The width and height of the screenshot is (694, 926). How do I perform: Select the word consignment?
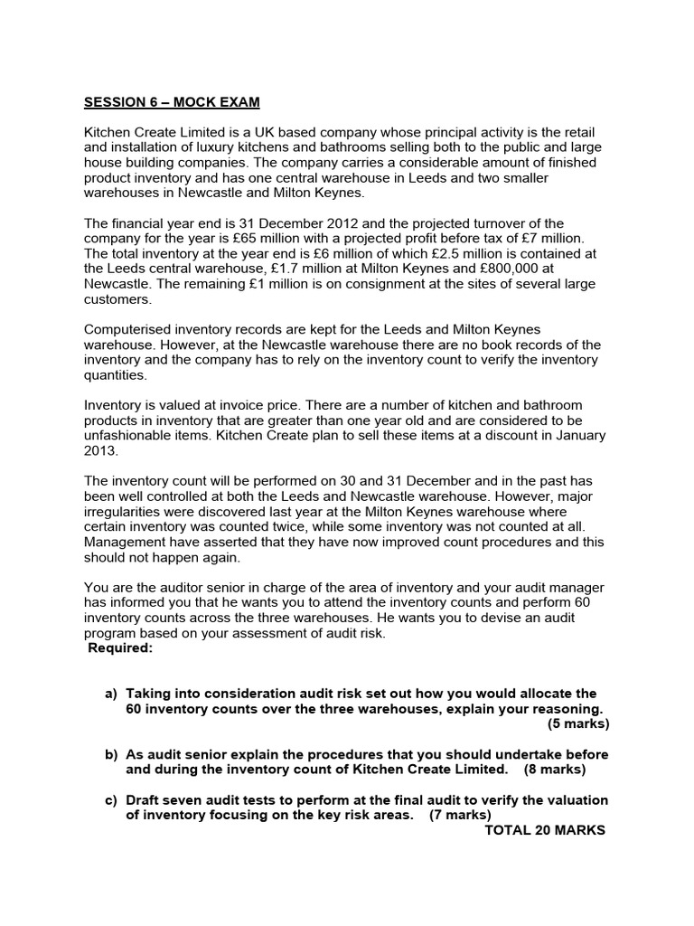click(371, 285)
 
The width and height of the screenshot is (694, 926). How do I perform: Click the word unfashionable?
click(135, 435)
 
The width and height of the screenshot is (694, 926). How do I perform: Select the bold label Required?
click(120, 648)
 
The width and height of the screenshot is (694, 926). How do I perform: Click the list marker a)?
click(111, 694)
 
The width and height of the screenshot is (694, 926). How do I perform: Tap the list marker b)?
click(111, 754)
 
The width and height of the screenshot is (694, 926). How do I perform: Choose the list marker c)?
click(111, 800)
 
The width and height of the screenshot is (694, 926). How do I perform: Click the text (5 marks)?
click(577, 724)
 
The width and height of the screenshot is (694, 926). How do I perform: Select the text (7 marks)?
click(459, 816)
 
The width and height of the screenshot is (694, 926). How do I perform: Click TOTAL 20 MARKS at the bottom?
click(545, 831)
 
